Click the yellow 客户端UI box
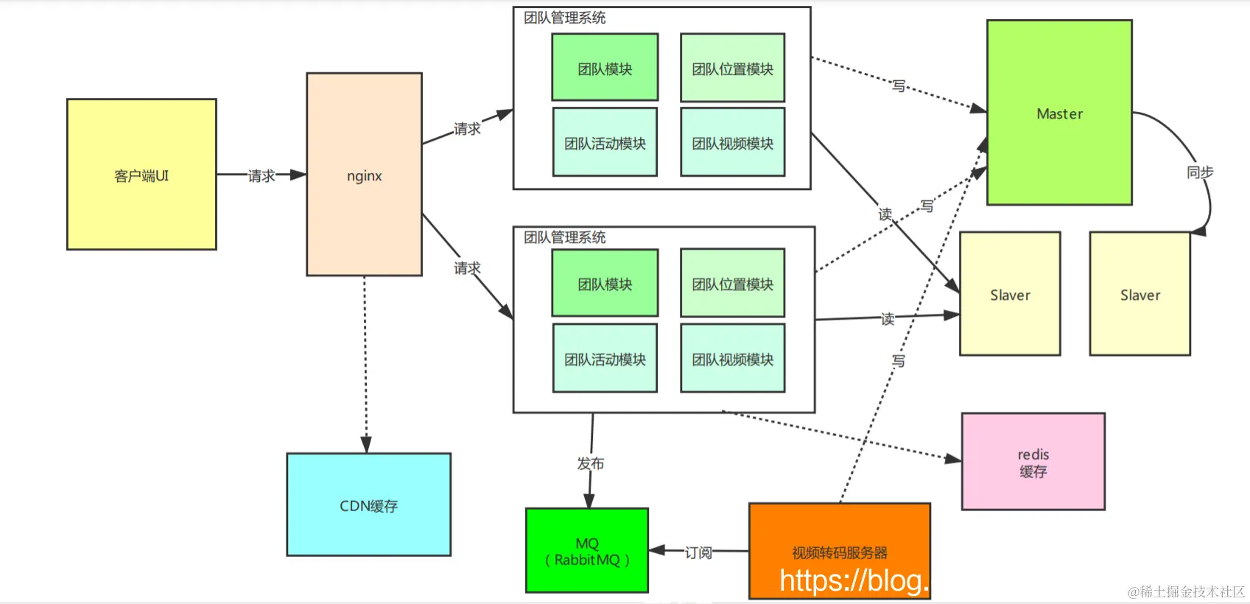pos(141,175)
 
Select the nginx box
pos(364,175)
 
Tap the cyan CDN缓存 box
pos(368,505)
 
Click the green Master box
pos(1059,113)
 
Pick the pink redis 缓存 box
pos(1033,462)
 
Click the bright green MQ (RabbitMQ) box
pos(587,551)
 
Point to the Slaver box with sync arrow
pos(1140,295)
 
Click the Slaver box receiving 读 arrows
pos(1010,295)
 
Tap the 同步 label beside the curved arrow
pos(1200,172)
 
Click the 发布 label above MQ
pos(591,463)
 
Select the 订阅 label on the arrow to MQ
pos(698,552)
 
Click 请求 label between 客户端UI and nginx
pos(261,175)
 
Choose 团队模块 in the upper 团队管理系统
pos(605,69)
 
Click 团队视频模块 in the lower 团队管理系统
pos(732,359)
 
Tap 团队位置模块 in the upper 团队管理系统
pos(732,69)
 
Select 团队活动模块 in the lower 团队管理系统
pos(605,359)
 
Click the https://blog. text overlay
pos(854,581)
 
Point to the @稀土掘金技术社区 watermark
pos(1186,591)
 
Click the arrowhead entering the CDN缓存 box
pos(366,444)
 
